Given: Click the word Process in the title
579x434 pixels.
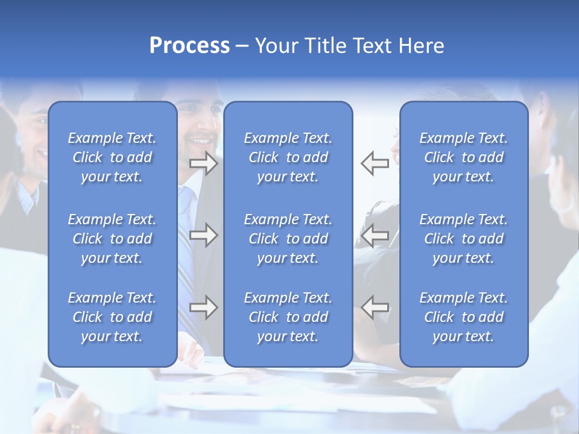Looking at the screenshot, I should [x=189, y=45].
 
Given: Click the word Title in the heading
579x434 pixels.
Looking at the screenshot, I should [x=326, y=45].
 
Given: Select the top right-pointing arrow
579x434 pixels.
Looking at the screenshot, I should [x=203, y=163].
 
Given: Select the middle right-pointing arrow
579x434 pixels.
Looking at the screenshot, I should [x=203, y=235].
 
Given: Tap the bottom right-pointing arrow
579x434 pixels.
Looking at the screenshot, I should [x=203, y=308].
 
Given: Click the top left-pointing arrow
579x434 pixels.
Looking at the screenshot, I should [x=375, y=163].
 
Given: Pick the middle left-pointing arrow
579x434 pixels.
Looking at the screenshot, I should [x=375, y=235].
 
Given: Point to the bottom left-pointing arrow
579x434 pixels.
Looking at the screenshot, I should [x=375, y=307].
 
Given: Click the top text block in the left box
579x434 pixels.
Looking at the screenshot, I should [x=112, y=157].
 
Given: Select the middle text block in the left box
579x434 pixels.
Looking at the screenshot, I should [x=112, y=239].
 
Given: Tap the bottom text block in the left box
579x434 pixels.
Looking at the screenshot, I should [x=112, y=317].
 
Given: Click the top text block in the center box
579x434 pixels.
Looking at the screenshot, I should [x=288, y=157].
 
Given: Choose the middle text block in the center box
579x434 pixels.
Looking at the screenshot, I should [x=288, y=239].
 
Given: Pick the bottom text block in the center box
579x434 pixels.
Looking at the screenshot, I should [x=288, y=317].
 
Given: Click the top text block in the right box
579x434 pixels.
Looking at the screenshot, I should [x=464, y=157].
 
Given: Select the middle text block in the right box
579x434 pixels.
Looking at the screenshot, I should [x=464, y=239].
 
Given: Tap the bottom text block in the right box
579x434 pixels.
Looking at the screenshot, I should [x=464, y=317].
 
